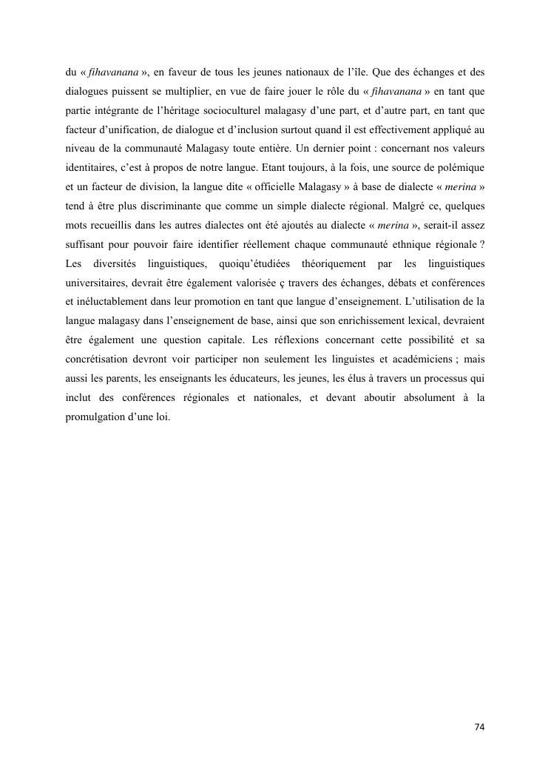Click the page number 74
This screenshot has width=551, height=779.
pyautogui.click(x=479, y=727)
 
